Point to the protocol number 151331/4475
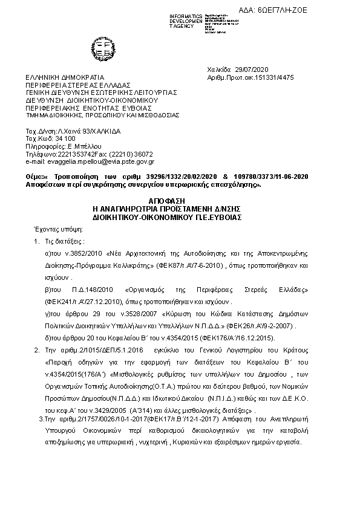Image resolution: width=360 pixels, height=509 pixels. point(272,77)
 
